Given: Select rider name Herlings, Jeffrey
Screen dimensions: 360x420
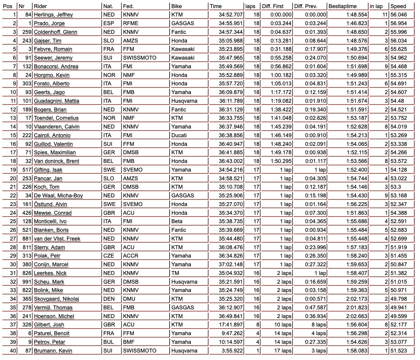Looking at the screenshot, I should tap(53, 15).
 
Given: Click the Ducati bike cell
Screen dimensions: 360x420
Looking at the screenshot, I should tap(179, 135).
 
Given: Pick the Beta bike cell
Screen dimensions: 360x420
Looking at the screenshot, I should tap(177, 221).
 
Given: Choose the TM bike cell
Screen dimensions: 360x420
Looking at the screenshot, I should tap(175, 273).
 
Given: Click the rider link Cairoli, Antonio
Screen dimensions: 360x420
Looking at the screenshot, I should tap(52, 135).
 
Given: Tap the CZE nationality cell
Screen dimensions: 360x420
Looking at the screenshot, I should tap(109, 256).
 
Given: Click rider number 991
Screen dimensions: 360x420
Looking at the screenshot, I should tap(27, 282).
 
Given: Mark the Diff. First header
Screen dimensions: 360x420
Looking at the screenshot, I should tap(273, 6).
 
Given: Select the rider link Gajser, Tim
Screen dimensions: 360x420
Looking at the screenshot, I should tap(48, 41).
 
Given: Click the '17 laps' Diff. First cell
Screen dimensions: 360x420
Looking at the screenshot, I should tap(283, 351).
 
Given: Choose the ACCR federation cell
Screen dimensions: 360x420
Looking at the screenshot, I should tap(130, 256).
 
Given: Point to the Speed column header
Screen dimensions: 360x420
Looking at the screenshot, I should tap(398, 6).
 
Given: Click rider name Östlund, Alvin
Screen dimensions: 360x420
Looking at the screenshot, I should tap(50, 204).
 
